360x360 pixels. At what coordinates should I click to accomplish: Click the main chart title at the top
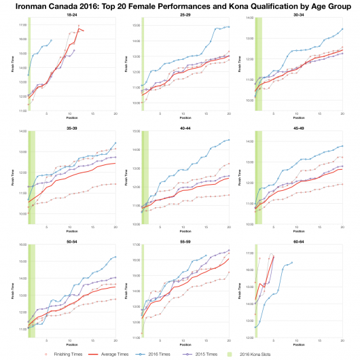pos(180,6)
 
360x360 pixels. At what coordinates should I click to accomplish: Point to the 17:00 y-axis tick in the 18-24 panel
pos(22,25)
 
